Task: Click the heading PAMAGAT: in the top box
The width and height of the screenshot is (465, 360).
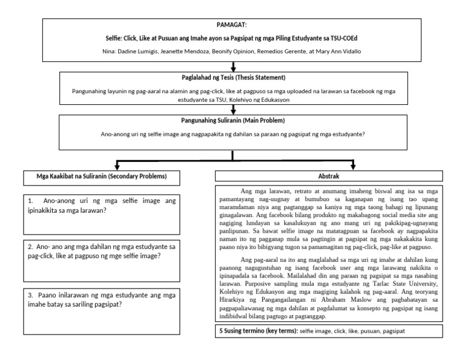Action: coord(232,25)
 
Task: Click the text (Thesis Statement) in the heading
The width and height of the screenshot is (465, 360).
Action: coord(263,78)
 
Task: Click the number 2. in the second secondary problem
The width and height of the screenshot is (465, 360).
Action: coord(30,247)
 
